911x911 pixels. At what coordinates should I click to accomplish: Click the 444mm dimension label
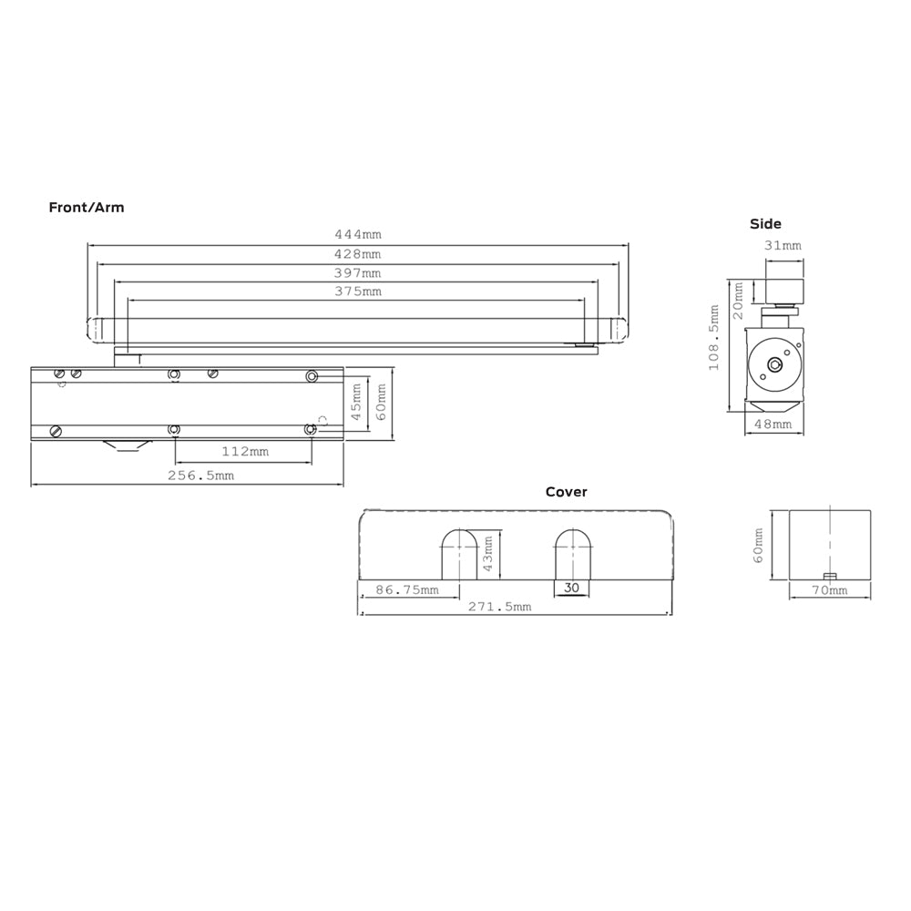[358, 235]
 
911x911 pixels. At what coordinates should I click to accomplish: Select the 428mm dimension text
[358, 254]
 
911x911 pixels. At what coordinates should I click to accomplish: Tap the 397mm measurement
[358, 273]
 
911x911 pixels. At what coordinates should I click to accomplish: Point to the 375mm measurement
[358, 292]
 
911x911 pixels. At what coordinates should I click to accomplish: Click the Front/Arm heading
[87, 208]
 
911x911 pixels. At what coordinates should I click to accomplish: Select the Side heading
[765, 223]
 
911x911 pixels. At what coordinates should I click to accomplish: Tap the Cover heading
[567, 492]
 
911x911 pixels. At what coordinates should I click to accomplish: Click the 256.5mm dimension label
[200, 476]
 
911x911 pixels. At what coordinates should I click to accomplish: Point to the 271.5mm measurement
[500, 607]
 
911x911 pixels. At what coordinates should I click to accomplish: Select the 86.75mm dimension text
[406, 589]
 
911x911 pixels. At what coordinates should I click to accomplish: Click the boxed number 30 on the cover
[571, 588]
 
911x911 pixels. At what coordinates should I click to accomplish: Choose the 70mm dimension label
[829, 590]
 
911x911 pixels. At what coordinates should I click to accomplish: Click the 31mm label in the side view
[783, 246]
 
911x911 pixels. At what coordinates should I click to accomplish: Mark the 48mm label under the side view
[773, 425]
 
